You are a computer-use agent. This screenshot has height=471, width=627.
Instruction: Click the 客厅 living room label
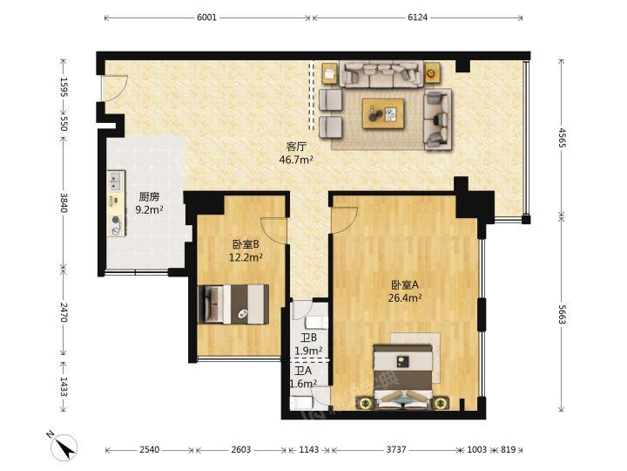coord(295,147)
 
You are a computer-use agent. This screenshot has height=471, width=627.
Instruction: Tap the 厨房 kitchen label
coord(149,196)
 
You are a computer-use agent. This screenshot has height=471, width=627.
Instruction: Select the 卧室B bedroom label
coord(246,244)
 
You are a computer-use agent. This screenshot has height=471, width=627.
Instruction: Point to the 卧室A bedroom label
coord(405,285)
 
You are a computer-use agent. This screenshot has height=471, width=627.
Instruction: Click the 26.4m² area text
coord(405,298)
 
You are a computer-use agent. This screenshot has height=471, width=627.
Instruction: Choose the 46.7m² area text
coord(295,160)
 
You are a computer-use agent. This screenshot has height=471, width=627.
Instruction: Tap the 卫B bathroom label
coord(308,338)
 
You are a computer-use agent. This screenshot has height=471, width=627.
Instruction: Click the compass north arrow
coord(65,447)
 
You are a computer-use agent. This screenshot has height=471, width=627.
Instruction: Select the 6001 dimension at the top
coord(206,17)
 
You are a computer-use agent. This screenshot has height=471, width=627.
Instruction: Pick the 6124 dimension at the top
coord(417,17)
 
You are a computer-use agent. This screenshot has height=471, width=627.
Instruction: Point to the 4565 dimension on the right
coord(562,138)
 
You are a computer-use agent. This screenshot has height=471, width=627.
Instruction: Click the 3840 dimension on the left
coord(64,203)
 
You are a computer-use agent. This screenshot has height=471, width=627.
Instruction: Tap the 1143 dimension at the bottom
coord(309,450)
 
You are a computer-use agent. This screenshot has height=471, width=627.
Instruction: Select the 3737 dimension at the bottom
coord(396,450)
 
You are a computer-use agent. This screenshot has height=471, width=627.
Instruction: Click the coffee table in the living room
coord(382,113)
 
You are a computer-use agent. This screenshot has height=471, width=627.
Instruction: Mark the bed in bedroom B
coord(233,304)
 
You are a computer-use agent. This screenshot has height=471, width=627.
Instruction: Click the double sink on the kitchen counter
coord(116,181)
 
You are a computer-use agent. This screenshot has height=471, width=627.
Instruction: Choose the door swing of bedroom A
coord(344,220)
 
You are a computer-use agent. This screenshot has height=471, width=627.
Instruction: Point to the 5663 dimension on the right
coord(562,315)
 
